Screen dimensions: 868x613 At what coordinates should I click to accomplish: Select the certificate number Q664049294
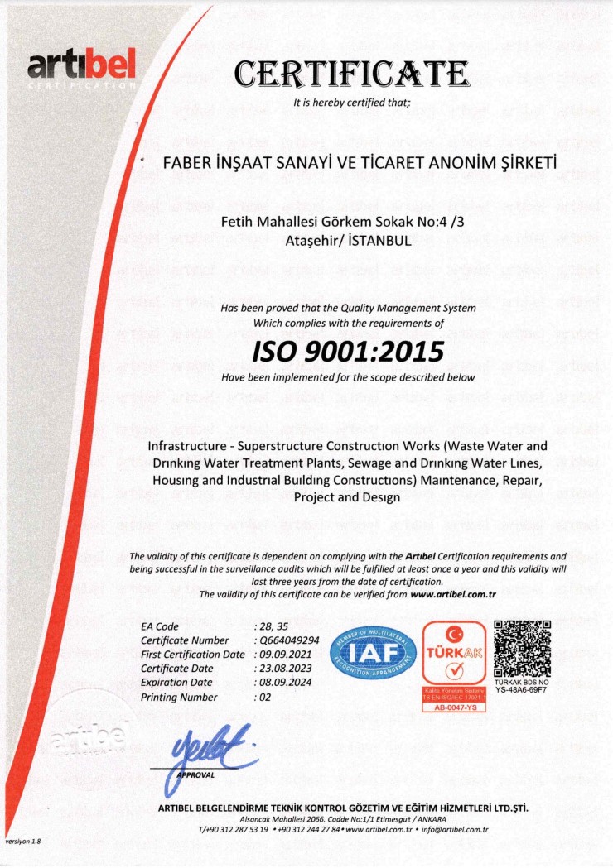(289, 640)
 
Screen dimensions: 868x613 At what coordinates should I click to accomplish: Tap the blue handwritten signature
(208, 747)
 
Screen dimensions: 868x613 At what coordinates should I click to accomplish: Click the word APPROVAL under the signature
(196, 775)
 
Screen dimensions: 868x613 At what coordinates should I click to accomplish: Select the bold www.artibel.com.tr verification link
(452, 594)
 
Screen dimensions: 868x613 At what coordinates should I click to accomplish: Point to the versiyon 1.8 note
(23, 841)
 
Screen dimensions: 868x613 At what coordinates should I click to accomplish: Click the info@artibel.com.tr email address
(455, 828)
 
